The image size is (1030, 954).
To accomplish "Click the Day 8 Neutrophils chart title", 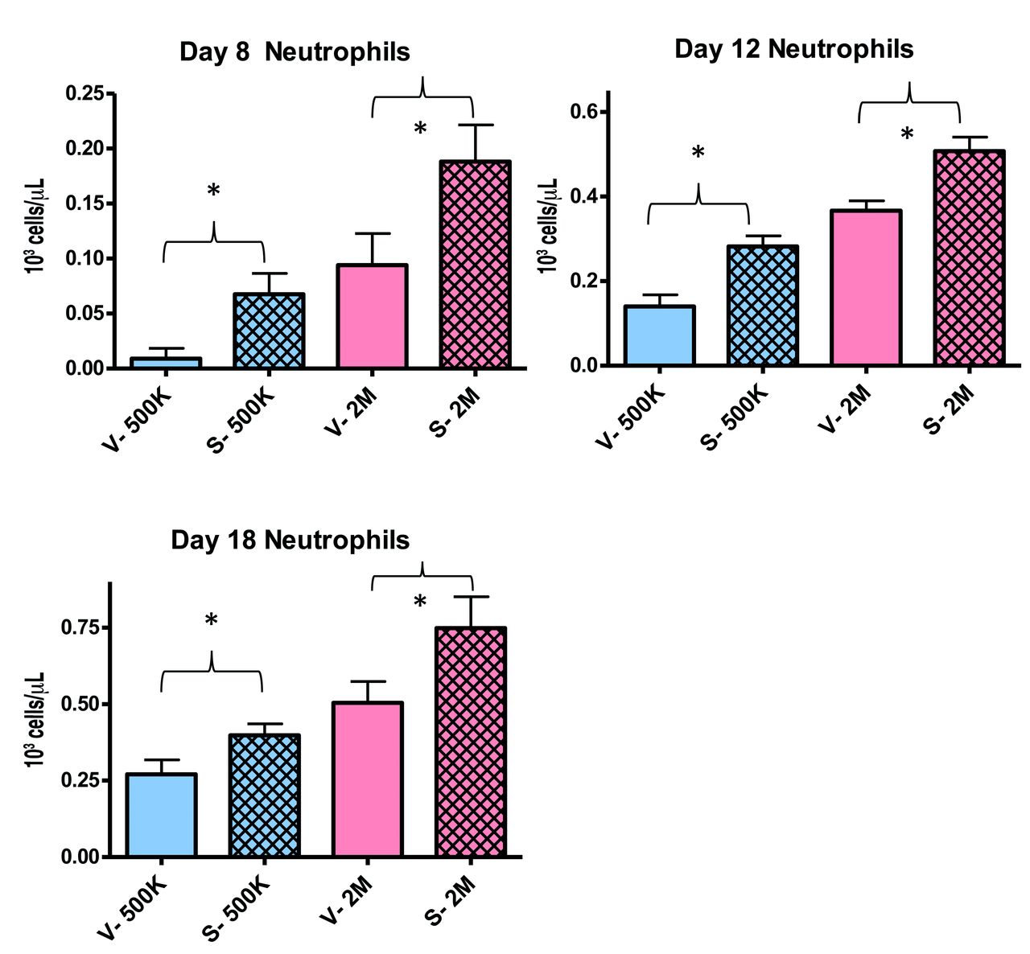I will coord(295,53).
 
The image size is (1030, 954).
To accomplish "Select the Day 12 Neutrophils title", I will coord(793,49).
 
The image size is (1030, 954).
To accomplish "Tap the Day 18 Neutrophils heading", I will coord(290,540).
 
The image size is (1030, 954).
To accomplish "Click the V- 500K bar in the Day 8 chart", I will coord(166,363).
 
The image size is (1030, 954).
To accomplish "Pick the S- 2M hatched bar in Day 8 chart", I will coord(475,265).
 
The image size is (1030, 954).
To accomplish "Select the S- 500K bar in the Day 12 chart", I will coord(761,306).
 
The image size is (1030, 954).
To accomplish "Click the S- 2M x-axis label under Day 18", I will coord(454,900).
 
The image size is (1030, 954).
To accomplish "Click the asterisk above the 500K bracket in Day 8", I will coord(213,191).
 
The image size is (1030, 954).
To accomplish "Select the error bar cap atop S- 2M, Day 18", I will coord(471,596).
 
